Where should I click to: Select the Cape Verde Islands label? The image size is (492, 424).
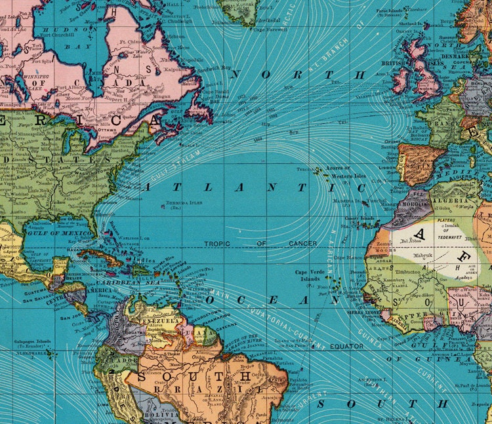coord(310,275)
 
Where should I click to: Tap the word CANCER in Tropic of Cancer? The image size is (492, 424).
coord(301,243)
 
